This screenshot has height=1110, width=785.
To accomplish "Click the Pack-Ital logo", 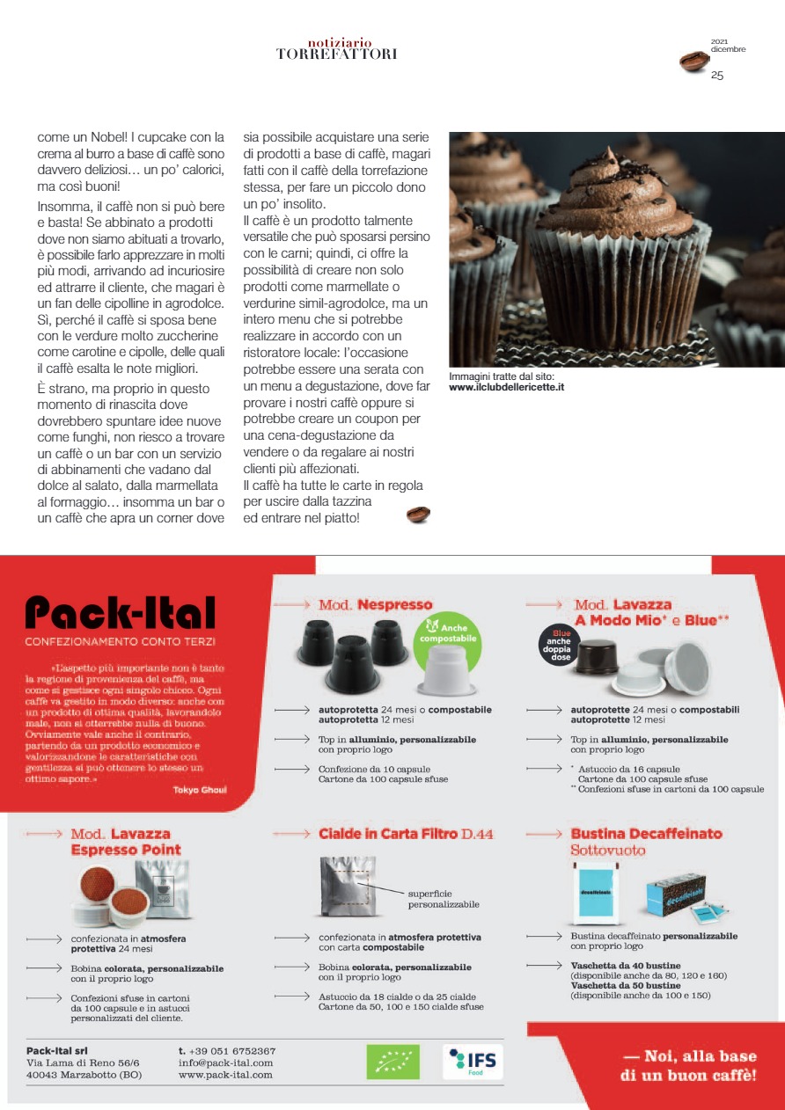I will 120,612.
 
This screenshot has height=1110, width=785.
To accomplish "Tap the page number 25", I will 716,76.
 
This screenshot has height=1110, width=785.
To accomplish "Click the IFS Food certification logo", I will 473,1062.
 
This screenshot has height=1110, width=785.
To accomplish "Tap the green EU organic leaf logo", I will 392,1062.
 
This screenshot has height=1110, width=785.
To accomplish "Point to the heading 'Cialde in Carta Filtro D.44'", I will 406,834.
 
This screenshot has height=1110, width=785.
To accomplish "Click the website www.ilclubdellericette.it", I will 506,386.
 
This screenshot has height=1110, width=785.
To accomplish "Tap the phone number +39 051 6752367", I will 227,1051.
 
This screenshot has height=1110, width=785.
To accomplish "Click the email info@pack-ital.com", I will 225,1063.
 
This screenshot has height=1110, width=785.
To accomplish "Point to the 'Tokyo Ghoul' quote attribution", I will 200,790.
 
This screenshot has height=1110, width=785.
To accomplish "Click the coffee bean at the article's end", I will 418,515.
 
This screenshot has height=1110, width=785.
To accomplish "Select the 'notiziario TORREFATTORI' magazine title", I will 336,49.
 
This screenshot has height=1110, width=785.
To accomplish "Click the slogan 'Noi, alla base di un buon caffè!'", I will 688,1066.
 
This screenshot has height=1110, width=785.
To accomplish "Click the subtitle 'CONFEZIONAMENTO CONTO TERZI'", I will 120,641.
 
